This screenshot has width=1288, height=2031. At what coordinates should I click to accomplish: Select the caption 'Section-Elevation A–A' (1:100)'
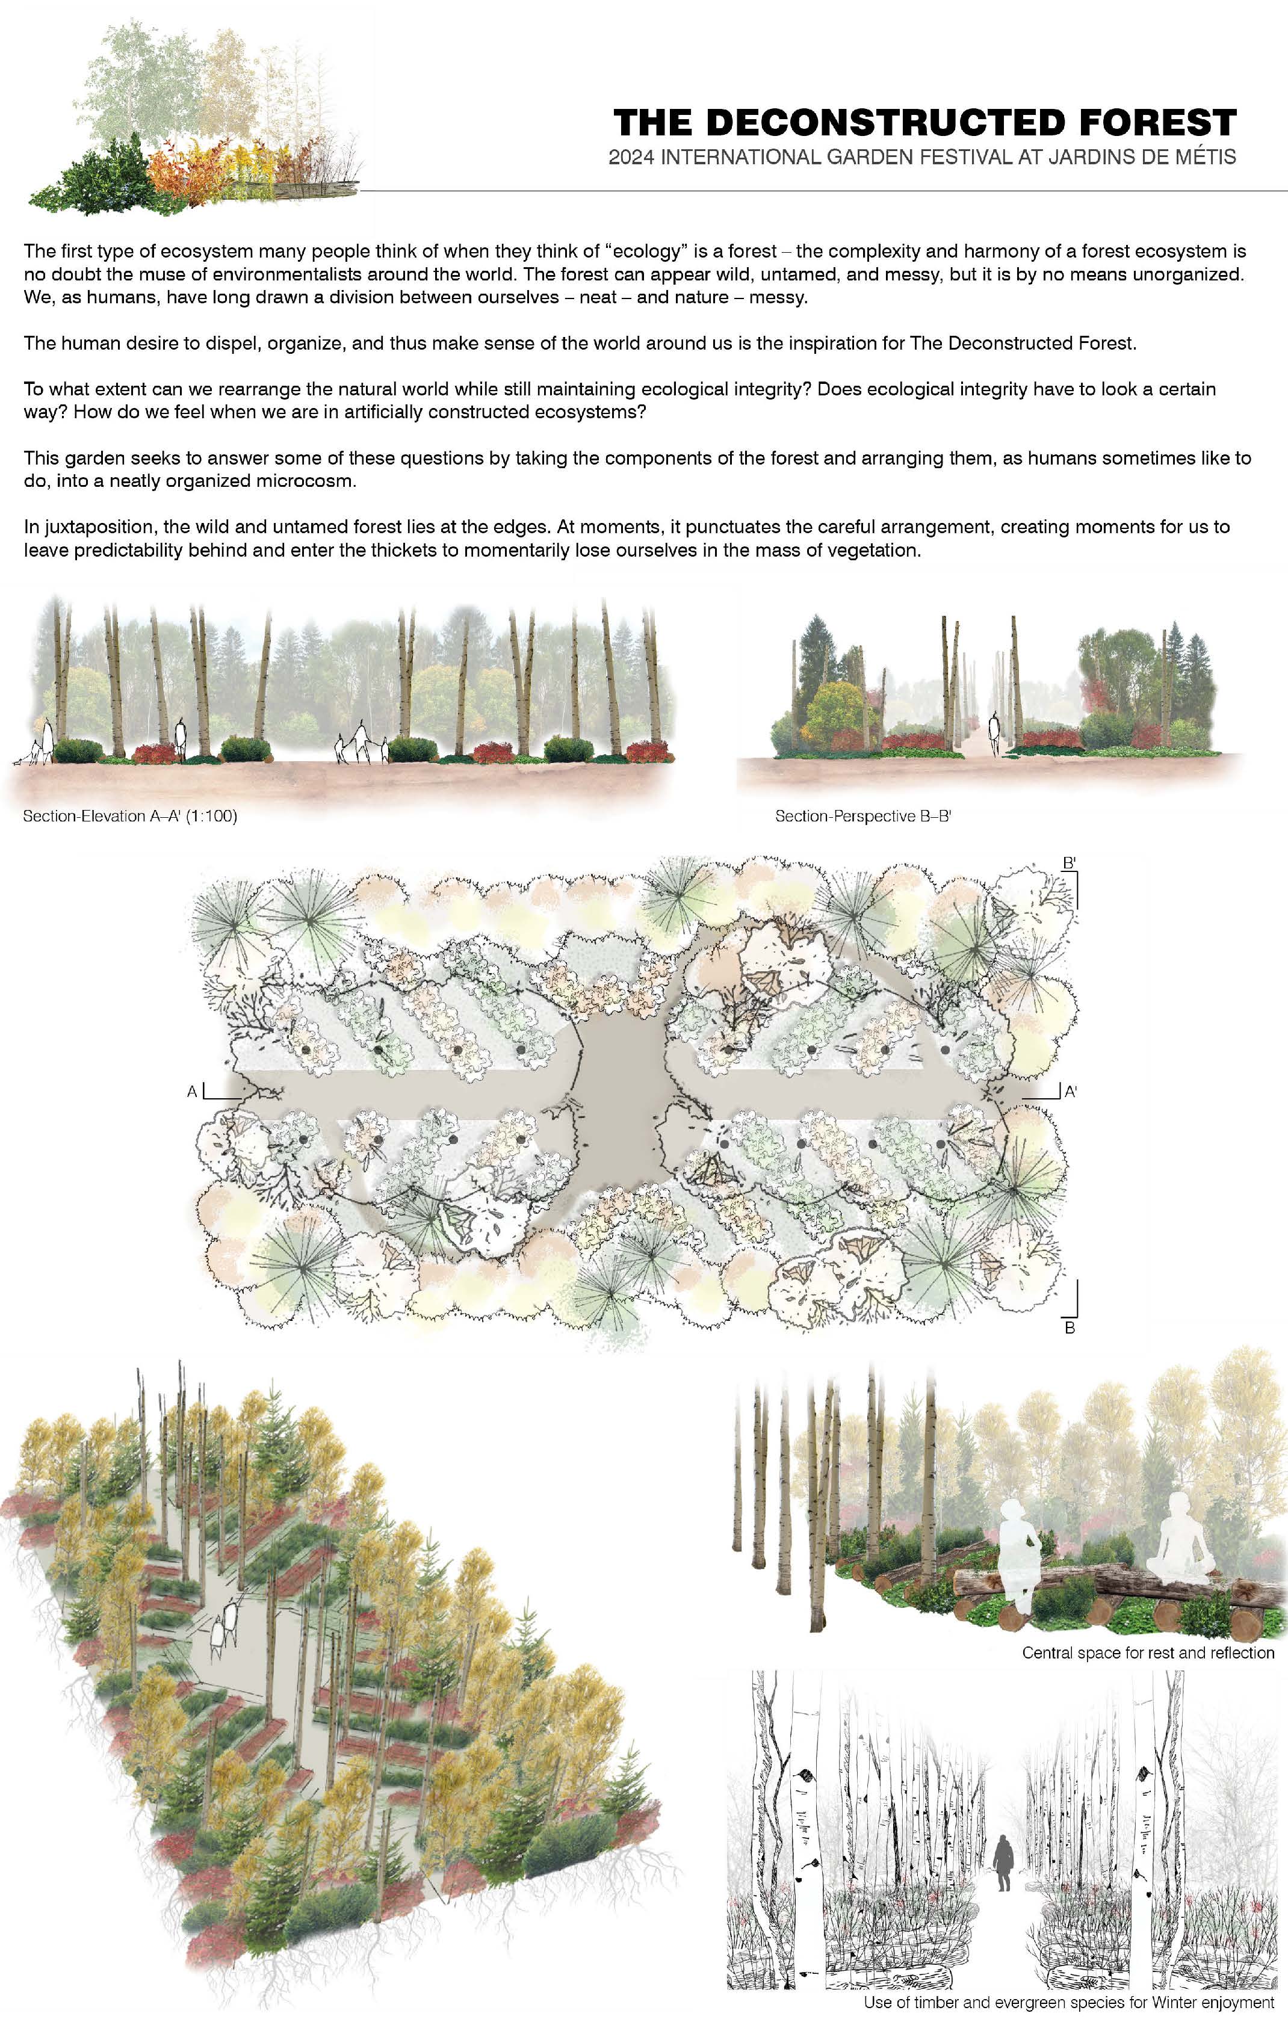130,817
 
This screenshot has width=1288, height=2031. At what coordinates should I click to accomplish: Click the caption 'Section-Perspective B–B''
863,817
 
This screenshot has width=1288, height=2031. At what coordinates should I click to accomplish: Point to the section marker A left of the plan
193,1092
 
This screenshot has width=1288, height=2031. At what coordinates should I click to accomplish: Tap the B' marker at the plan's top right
1069,863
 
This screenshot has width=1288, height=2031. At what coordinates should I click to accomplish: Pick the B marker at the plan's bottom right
1070,1328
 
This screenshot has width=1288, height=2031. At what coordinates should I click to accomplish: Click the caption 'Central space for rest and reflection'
1148,1652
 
